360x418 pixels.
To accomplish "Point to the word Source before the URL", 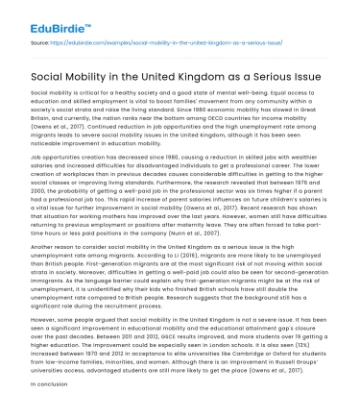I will [40, 43].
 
